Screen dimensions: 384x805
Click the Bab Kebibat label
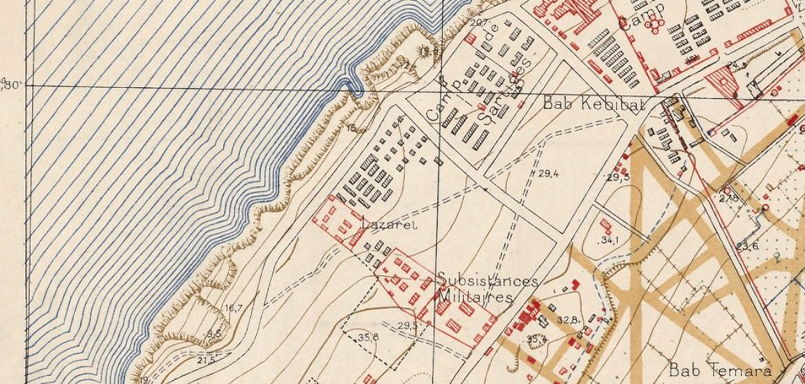tap(593, 105)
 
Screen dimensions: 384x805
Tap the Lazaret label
tap(388, 225)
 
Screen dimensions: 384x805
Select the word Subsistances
tap(488, 281)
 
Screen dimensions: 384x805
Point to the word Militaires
tap(476, 298)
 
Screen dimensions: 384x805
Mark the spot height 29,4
tap(549, 173)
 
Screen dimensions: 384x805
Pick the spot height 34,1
tap(609, 240)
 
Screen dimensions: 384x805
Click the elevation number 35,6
tap(368, 337)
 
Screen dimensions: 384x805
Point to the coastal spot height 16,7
tap(233, 309)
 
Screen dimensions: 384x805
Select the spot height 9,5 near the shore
tap(213, 333)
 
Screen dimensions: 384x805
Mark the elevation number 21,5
tap(206, 359)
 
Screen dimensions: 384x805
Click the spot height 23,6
tap(747, 246)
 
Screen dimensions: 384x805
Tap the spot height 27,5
tap(729, 197)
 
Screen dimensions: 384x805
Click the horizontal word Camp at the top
tap(642, 20)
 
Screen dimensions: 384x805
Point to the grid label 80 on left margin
tap(12, 85)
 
